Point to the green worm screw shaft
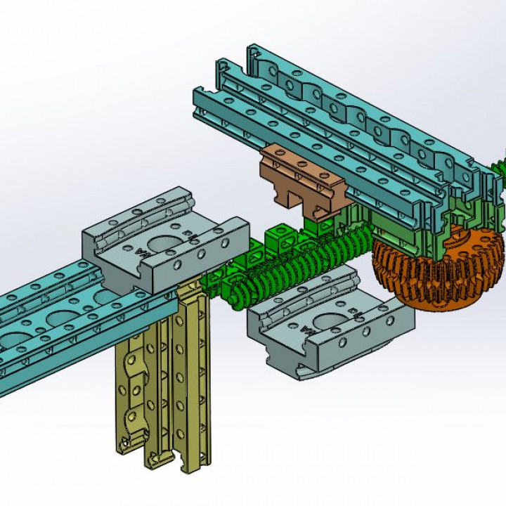309,264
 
